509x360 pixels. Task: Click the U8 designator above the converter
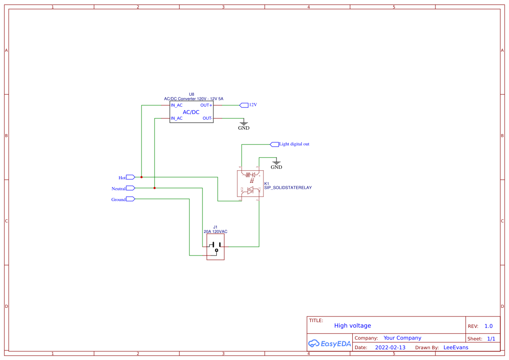[192, 94]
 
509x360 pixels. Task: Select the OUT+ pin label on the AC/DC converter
[206, 105]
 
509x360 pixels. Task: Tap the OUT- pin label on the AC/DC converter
[207, 118]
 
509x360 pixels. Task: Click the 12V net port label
[253, 105]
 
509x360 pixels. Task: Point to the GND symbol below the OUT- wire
[244, 125]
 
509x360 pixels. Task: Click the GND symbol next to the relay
[276, 165]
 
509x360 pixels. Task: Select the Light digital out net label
[294, 144]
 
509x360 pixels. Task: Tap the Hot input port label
[122, 178]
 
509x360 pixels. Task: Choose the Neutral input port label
[118, 188]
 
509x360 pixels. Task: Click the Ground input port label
[118, 199]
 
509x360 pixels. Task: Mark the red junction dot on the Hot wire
[142, 177]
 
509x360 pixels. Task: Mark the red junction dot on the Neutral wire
[155, 188]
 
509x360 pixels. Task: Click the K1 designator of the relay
[267, 184]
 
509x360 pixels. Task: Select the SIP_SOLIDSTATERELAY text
[288, 188]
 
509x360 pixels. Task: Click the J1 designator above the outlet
[215, 227]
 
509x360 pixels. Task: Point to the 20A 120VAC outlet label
[215, 232]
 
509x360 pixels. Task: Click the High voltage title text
[352, 326]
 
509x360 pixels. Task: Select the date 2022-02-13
[390, 347]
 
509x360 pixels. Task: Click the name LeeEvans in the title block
[455, 347]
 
